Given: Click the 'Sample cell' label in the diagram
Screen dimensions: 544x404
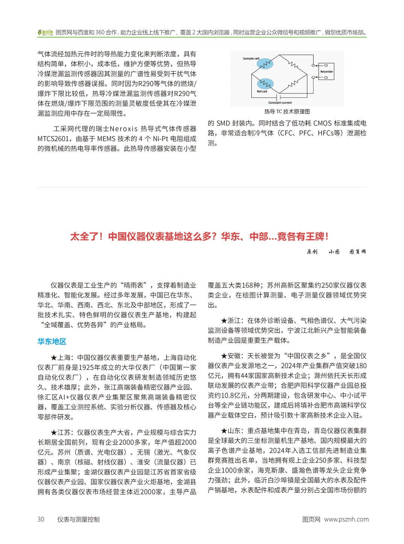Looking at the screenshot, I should point(251,59).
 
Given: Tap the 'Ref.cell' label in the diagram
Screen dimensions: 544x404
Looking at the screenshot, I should point(262,91).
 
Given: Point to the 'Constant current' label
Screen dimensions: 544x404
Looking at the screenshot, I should point(280,103).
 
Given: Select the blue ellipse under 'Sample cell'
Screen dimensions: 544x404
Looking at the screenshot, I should point(265,64).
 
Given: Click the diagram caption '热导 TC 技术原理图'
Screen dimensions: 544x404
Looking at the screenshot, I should point(287,112).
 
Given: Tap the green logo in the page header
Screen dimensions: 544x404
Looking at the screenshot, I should point(45,33).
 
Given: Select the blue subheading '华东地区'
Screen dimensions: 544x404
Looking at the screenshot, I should point(52,342).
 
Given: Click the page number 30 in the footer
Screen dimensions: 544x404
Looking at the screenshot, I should point(41,519).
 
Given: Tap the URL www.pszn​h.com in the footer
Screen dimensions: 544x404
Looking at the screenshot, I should point(346,519).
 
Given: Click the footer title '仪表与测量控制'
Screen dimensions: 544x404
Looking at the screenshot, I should point(78,519).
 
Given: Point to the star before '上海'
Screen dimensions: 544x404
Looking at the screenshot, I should point(54,358).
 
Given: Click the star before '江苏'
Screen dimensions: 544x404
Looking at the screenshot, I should point(54,432).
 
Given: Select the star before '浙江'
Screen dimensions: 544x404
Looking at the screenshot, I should point(224,321).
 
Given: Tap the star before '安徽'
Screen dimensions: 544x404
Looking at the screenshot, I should point(224,356).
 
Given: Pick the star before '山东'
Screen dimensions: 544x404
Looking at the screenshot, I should point(224,431).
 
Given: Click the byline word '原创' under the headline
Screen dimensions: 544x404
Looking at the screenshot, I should point(312,252).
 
